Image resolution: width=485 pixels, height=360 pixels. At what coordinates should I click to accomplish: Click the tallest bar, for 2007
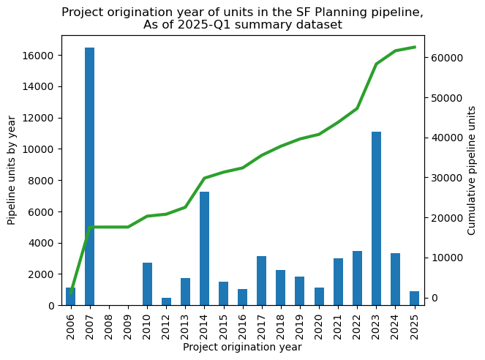click(90, 176)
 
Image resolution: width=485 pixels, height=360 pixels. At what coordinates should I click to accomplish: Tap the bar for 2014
click(205, 248)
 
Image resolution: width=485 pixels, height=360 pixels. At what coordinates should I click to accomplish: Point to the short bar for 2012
click(166, 301)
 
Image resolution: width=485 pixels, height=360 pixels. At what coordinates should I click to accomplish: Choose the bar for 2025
click(415, 299)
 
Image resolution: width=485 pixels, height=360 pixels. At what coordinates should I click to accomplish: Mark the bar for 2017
click(262, 280)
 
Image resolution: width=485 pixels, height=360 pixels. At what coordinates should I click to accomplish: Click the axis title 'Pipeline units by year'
click(12, 170)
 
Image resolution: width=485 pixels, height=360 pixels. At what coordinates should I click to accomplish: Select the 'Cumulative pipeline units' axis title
click(472, 170)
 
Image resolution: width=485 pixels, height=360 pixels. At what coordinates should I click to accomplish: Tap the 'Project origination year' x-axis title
click(242, 348)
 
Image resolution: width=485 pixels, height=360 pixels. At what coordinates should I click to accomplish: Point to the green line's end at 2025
click(415, 47)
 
